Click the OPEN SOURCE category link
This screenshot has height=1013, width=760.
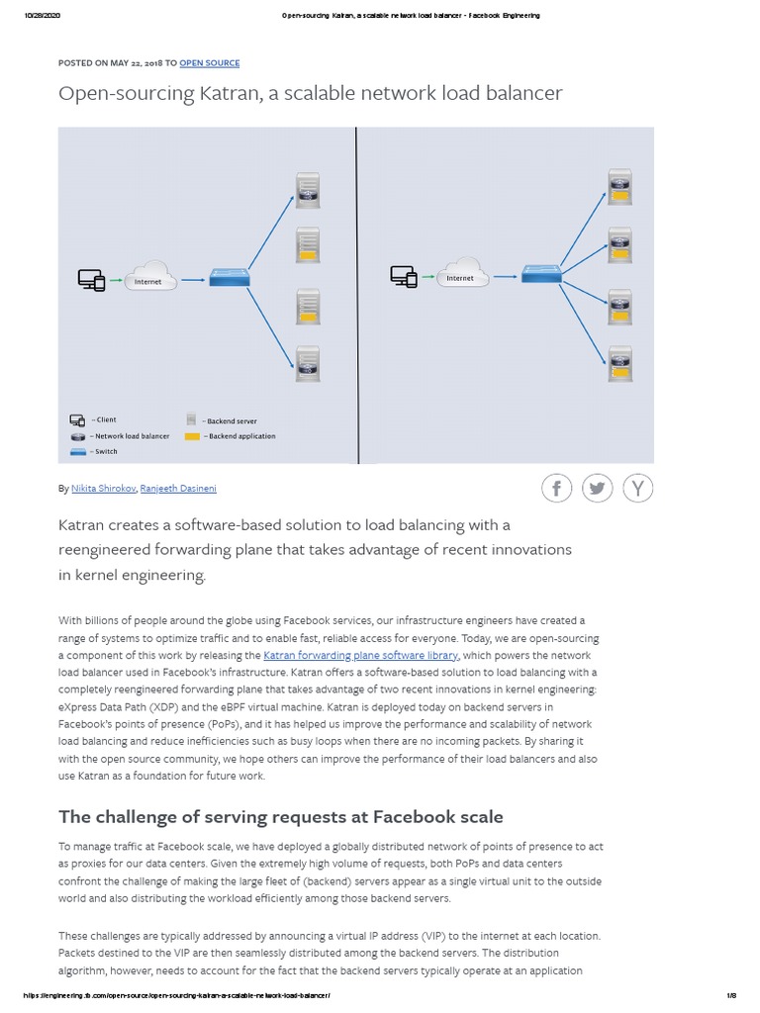(x=209, y=63)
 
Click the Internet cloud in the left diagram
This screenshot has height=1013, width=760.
(x=148, y=277)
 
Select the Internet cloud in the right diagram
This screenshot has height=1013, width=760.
(x=461, y=273)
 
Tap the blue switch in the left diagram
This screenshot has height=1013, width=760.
(x=230, y=279)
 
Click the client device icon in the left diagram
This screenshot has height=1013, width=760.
(x=91, y=280)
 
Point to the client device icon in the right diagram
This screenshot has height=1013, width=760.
(x=403, y=276)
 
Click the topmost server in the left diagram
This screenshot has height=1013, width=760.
(x=308, y=191)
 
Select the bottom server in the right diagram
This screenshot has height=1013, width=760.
(x=620, y=363)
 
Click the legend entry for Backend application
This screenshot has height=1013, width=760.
(x=238, y=436)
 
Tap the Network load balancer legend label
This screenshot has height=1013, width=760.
(x=130, y=436)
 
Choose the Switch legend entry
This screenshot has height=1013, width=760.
(x=104, y=452)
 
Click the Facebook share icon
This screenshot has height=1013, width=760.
(x=556, y=488)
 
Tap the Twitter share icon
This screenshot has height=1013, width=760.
(x=598, y=488)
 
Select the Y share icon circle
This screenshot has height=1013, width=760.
(x=638, y=488)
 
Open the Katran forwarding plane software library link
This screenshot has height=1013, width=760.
(x=360, y=655)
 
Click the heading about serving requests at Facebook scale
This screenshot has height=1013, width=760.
(x=281, y=816)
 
